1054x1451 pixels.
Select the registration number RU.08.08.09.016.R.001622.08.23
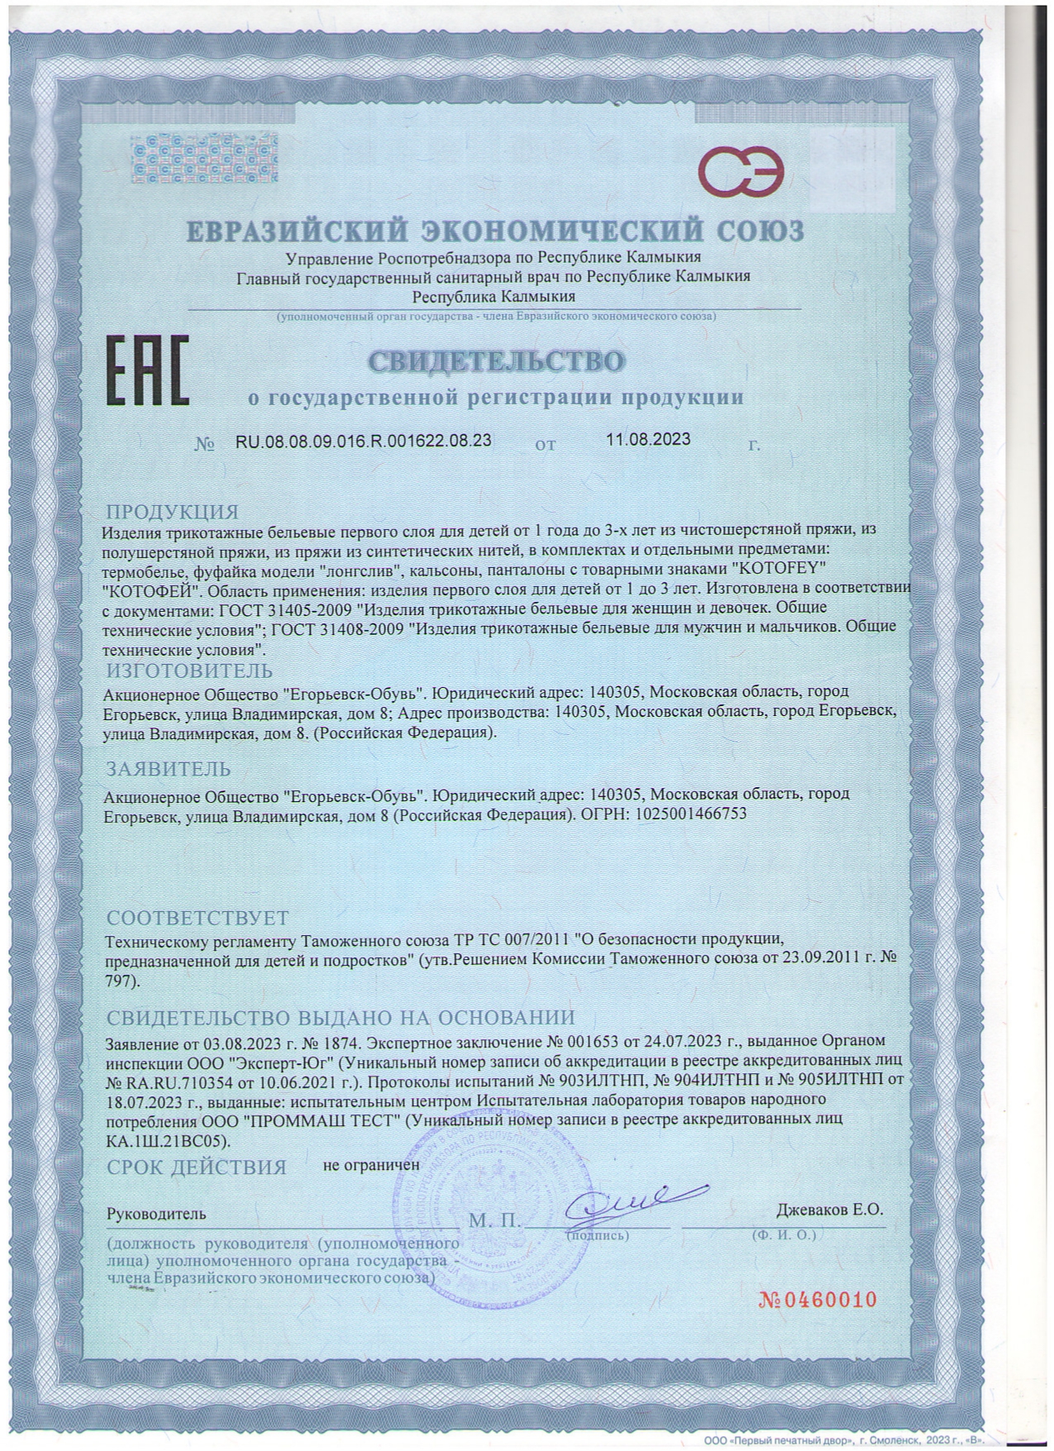point(364,441)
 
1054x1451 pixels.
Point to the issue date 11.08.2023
point(648,439)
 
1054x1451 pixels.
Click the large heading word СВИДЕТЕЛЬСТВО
point(496,361)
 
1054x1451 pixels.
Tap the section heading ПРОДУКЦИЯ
point(172,512)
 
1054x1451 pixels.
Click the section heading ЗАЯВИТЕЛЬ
point(168,768)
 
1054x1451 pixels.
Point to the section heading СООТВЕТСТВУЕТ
point(198,918)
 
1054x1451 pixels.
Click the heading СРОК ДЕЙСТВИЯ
point(197,1167)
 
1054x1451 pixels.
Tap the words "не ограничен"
point(371,1164)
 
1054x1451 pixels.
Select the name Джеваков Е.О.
point(829,1209)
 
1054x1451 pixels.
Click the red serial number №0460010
point(817,1299)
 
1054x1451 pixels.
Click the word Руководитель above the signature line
point(156,1214)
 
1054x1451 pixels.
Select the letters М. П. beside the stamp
point(494,1220)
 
